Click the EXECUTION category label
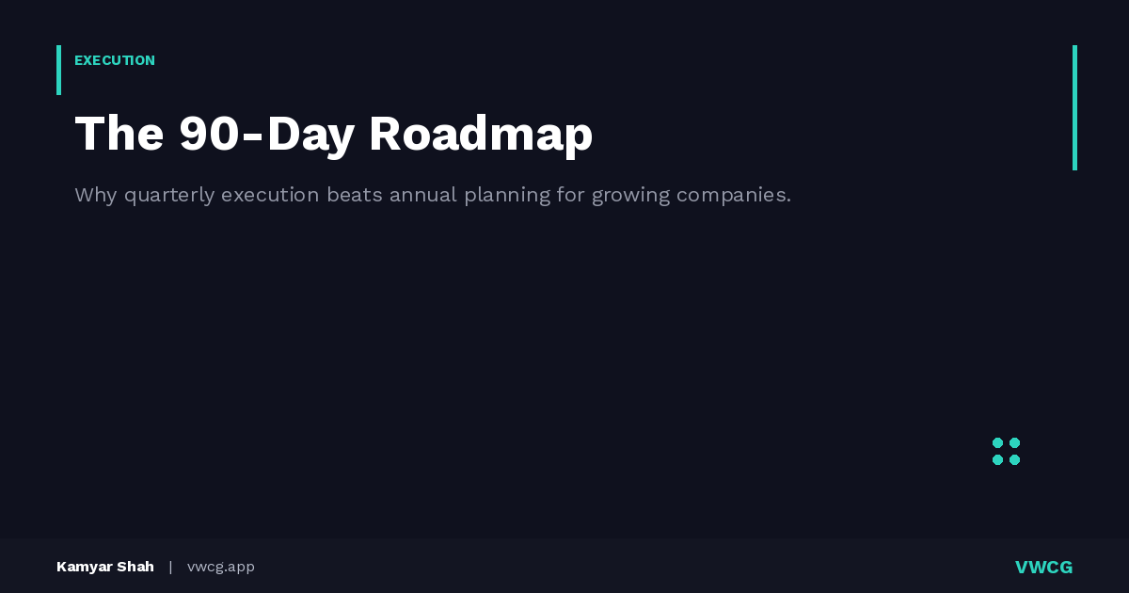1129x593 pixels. point(115,60)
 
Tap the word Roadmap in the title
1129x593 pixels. point(481,134)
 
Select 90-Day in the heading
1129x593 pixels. point(266,134)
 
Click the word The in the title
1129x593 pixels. point(119,134)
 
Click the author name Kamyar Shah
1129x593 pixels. point(105,567)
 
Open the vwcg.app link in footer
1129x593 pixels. point(221,567)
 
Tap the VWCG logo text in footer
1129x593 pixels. point(1043,567)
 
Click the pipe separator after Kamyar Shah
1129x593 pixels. point(170,567)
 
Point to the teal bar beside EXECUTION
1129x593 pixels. point(58,70)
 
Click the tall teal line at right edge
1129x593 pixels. point(1074,107)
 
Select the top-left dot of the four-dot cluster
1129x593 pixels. point(997,442)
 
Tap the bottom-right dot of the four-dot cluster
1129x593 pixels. point(1014,459)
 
